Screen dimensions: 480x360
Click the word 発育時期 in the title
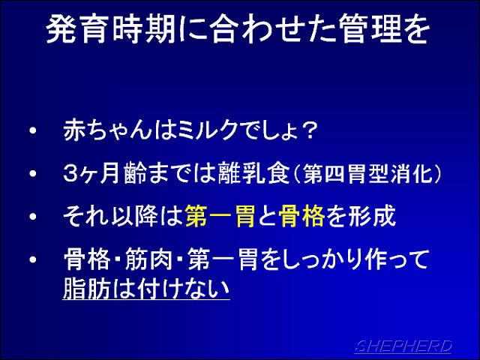pyautogui.click(x=111, y=29)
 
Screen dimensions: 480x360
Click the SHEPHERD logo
pyautogui.click(x=403, y=346)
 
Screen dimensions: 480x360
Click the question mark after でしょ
pyautogui.click(x=307, y=131)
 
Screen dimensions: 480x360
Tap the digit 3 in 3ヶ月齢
pyautogui.click(x=71, y=173)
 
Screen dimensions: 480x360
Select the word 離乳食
pyautogui.click(x=253, y=173)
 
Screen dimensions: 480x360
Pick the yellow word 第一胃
pyautogui.click(x=220, y=217)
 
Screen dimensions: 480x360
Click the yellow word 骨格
pyautogui.click(x=301, y=217)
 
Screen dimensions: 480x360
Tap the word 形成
pyautogui.click(x=373, y=217)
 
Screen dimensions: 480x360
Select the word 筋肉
pyautogui.click(x=148, y=259)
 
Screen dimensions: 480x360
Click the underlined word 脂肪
pyautogui.click(x=86, y=288)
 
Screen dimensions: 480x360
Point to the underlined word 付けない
pyautogui.click(x=184, y=288)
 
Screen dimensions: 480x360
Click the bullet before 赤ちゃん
pyautogui.click(x=33, y=130)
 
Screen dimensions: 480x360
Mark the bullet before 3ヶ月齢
pyautogui.click(x=33, y=173)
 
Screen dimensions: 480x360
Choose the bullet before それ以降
pyautogui.click(x=33, y=217)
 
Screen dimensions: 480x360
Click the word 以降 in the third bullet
pyautogui.click(x=134, y=217)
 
